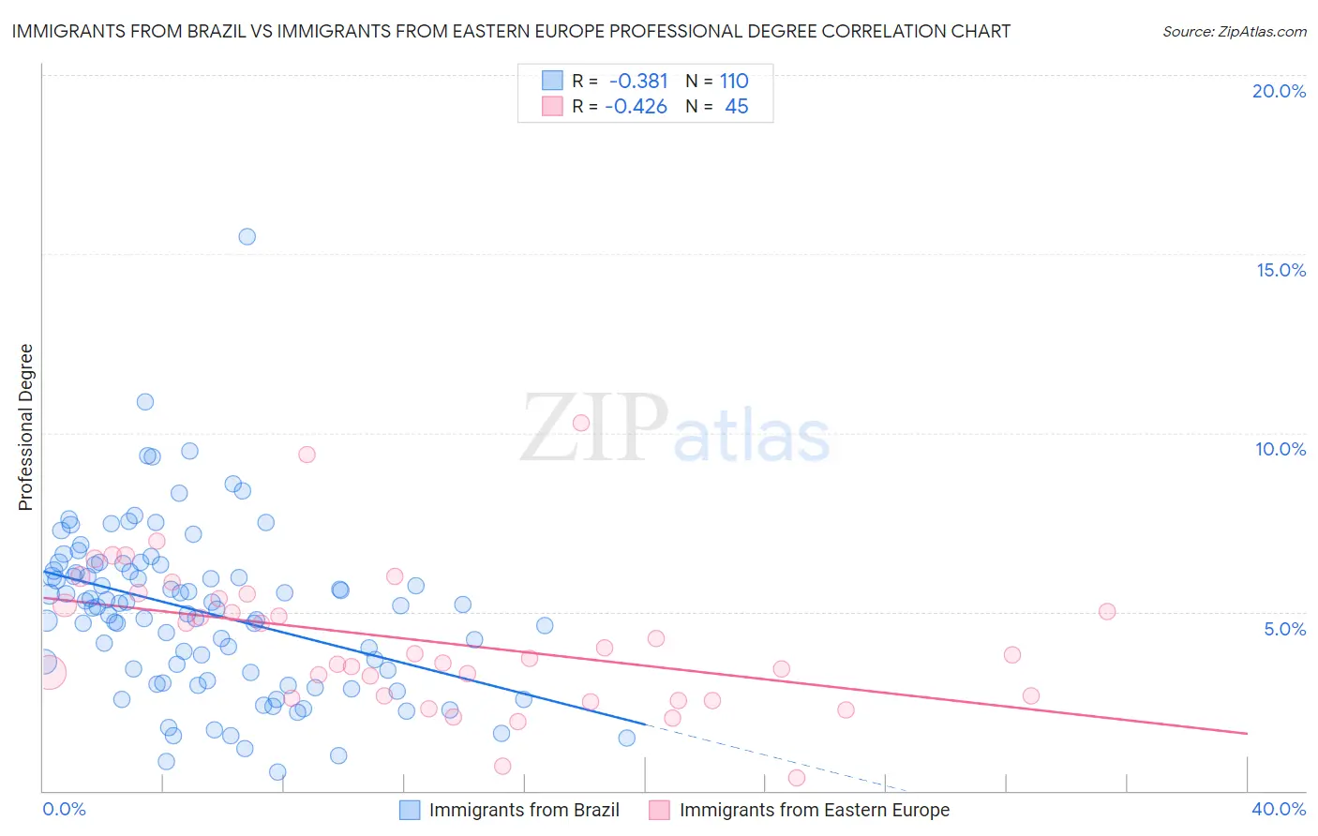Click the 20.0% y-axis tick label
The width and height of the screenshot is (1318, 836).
pyautogui.click(x=1279, y=91)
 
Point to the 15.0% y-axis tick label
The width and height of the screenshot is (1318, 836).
pyautogui.click(x=1281, y=270)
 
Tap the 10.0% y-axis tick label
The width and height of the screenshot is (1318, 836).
pyautogui.click(x=1281, y=449)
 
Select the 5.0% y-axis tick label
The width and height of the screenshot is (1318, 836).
pyautogui.click(x=1284, y=629)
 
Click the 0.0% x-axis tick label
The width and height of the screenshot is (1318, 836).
pyautogui.click(x=64, y=809)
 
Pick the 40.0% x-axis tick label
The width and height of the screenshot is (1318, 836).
pyautogui.click(x=1279, y=809)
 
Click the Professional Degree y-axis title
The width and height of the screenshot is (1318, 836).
pyautogui.click(x=25, y=427)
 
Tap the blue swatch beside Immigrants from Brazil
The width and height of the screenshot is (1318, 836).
pyautogui.click(x=410, y=810)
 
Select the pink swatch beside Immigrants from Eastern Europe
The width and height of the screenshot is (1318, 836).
pyautogui.click(x=660, y=810)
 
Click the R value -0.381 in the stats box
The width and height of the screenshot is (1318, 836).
pyautogui.click(x=637, y=81)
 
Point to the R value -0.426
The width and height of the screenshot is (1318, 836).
pyautogui.click(x=636, y=107)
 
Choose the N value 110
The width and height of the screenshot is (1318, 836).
pyautogui.click(x=734, y=81)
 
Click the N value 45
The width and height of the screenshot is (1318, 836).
pyautogui.click(x=737, y=107)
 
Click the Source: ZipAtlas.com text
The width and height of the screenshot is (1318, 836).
pyautogui.click(x=1235, y=32)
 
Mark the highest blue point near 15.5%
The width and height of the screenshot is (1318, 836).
pyautogui.click(x=247, y=236)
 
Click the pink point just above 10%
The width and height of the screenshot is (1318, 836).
pyautogui.click(x=581, y=423)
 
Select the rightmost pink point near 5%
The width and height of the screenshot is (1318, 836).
pyautogui.click(x=1107, y=611)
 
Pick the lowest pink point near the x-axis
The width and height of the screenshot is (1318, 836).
pyautogui.click(x=797, y=777)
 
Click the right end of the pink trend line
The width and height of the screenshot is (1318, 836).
pyautogui.click(x=1248, y=733)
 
